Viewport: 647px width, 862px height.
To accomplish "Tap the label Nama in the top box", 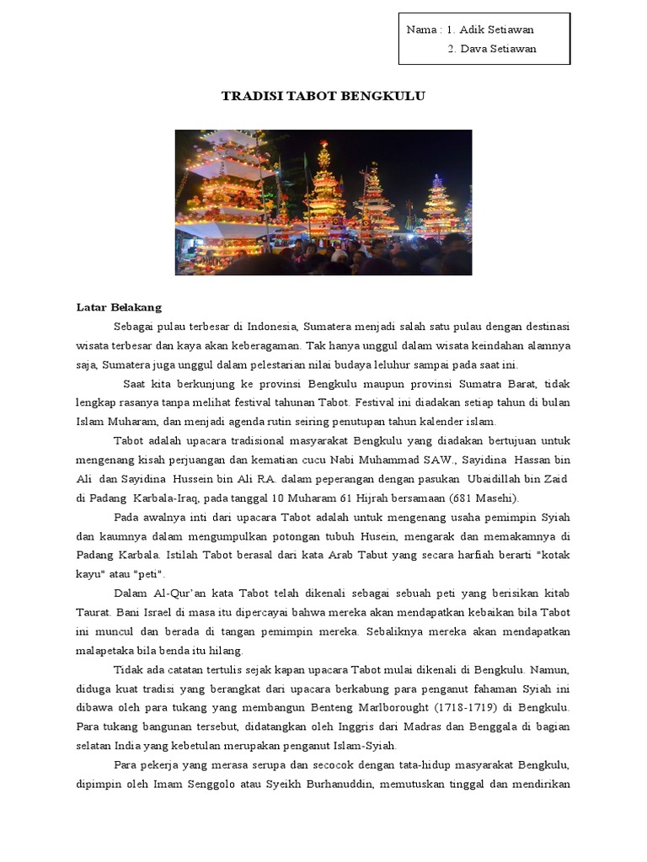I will (420, 29).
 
